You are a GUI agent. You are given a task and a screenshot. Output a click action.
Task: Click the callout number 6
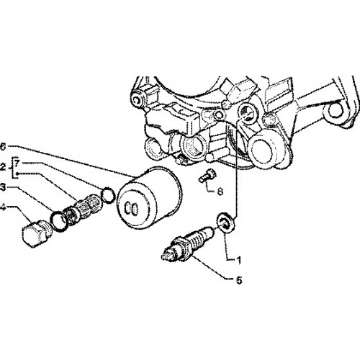coord(3,146)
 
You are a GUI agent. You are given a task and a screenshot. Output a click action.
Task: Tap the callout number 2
coord(2,167)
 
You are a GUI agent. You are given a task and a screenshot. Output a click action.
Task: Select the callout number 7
coord(17,163)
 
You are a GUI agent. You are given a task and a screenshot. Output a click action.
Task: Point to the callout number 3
coord(3,187)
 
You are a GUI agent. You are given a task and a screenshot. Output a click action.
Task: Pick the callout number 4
coord(3,207)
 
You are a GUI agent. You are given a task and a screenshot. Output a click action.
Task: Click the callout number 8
coord(220,192)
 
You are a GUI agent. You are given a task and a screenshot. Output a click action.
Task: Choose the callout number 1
coord(238,260)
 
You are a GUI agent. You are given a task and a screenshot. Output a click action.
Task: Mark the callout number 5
coord(239,280)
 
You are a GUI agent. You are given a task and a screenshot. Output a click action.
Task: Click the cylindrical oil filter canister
coord(149,197)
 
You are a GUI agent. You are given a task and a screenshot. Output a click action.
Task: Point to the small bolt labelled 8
coord(207,176)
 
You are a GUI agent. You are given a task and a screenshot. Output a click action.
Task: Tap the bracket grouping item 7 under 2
coord(13,168)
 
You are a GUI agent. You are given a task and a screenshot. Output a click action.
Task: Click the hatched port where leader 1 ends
coord(247,112)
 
